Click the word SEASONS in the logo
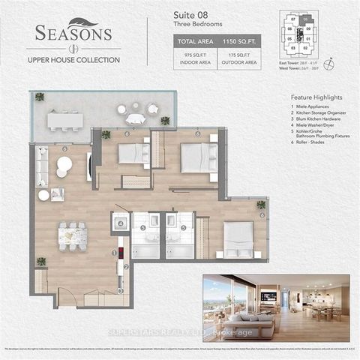[x=73, y=34]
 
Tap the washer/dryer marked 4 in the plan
[x=120, y=223]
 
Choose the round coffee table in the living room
[x=65, y=164]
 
